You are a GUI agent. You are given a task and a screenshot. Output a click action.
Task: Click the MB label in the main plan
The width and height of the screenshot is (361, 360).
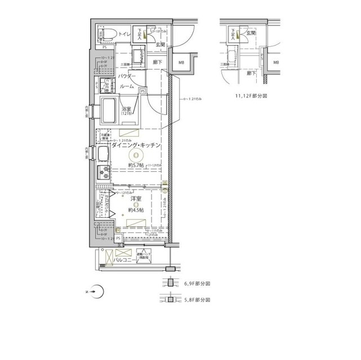[181, 62]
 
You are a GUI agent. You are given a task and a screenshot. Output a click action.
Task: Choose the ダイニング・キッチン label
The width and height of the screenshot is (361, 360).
[136, 145]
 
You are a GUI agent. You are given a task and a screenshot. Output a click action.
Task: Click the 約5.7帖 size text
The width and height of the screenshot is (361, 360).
[136, 165]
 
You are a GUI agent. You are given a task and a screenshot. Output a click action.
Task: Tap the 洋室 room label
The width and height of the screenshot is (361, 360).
[136, 199]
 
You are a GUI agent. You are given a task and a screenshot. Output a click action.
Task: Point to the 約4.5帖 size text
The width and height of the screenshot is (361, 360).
[136, 210]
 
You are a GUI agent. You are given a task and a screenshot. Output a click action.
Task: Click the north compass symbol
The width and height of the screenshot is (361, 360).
[98, 291]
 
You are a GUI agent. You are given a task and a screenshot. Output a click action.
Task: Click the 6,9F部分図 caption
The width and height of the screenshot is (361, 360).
[197, 284]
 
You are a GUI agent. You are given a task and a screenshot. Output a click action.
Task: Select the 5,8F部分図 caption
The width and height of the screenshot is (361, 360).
[197, 301]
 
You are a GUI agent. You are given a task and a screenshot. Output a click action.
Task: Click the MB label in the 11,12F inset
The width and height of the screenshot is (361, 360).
[276, 62]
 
